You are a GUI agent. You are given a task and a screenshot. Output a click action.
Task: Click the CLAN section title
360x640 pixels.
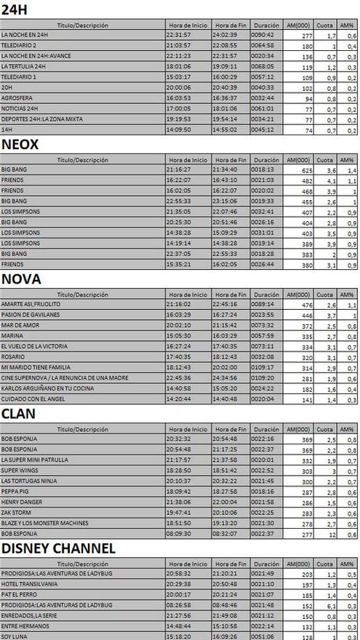(20, 413)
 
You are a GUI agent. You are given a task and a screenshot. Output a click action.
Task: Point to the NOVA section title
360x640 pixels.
(21, 279)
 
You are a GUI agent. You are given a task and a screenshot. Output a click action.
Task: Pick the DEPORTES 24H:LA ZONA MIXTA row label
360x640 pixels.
(39, 118)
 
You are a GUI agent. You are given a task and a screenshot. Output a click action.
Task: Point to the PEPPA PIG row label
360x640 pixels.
(16, 492)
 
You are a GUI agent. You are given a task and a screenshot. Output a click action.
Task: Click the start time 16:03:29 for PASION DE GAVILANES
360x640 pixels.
(179, 315)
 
